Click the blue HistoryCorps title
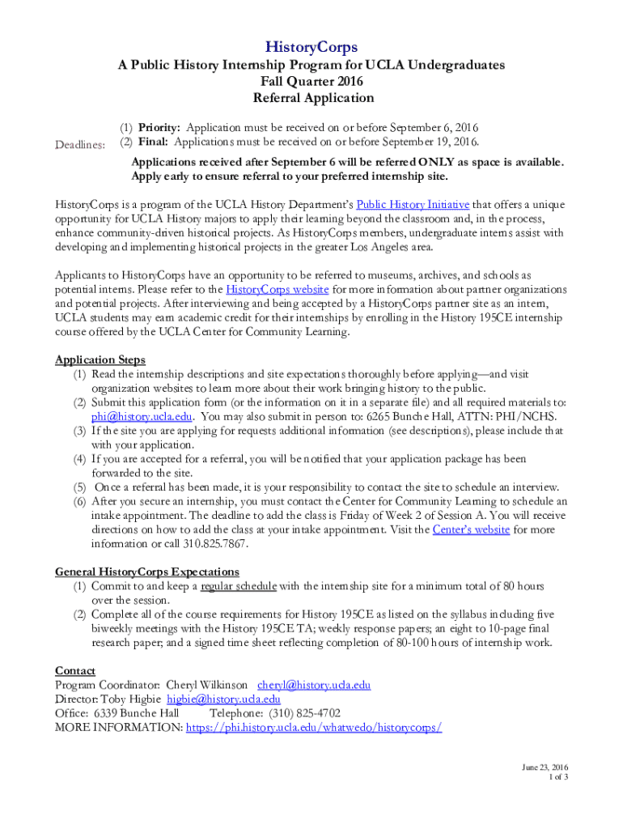[x=311, y=47]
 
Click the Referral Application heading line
[x=311, y=98]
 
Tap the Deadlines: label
[x=79, y=143]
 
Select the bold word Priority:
[x=160, y=128]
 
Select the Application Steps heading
[x=100, y=359]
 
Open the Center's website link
[x=471, y=529]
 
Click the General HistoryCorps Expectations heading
[x=146, y=571]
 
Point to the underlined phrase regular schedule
[x=239, y=585]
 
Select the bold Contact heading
[x=75, y=670]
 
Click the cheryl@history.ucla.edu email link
[x=314, y=685]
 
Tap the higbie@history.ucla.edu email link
[x=223, y=699]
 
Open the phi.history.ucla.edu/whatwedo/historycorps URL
[x=314, y=727]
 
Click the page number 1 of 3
[x=558, y=777]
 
